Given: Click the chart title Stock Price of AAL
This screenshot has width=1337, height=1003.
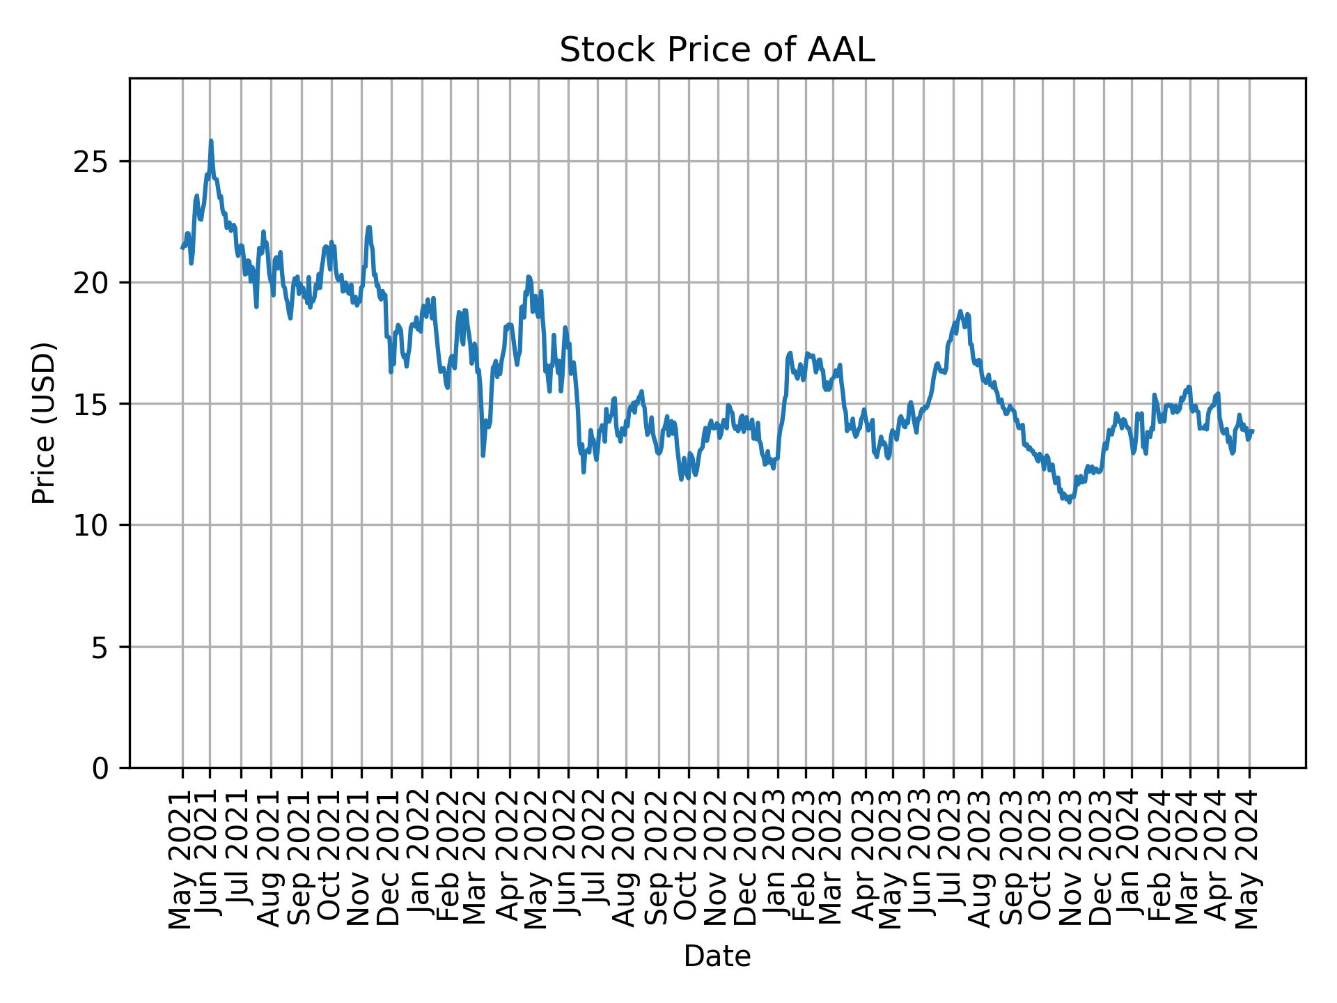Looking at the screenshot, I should coord(717,51).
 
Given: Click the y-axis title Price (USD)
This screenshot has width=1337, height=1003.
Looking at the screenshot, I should coord(43,423).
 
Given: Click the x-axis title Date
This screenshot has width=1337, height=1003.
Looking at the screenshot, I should coord(717,956).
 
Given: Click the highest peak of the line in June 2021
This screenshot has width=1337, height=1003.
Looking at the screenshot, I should coord(211,141).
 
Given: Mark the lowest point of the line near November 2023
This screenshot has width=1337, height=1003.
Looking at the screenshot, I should coord(1070,502).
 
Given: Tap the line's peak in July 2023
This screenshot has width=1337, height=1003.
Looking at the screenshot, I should coord(960,311).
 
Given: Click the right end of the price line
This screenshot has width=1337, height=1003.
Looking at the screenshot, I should coord(1253,430).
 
